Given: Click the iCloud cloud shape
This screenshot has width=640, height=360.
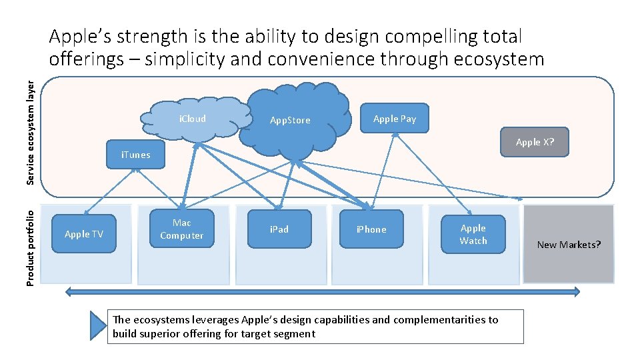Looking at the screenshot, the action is click(192, 119).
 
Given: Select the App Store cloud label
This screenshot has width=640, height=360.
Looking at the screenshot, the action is click(290, 121).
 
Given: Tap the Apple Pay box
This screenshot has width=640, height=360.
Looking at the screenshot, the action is click(395, 119).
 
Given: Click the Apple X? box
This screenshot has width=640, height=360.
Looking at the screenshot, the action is click(535, 142).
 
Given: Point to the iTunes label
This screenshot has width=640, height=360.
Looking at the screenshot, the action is click(135, 155).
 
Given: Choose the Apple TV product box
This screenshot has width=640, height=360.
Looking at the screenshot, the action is click(84, 234).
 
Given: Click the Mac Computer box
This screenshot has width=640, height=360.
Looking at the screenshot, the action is click(181, 229).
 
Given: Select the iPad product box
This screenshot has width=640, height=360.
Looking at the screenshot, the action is click(279, 229).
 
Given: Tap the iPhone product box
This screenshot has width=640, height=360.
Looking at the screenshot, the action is click(371, 230).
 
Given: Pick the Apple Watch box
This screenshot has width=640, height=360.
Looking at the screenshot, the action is click(473, 235).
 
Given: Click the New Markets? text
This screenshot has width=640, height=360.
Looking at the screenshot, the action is click(569, 245).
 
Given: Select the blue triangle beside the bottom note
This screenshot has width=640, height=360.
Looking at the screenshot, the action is click(99, 325).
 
